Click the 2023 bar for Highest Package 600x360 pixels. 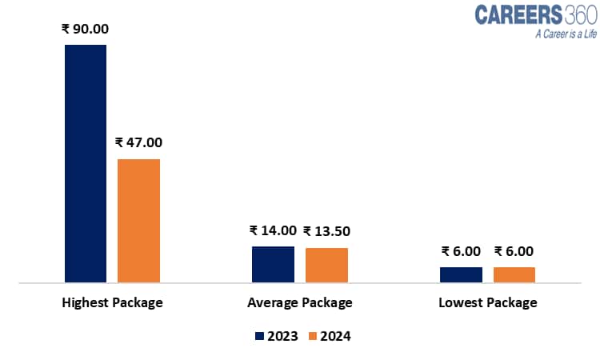[86, 163]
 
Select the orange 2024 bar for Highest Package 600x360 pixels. [138, 221]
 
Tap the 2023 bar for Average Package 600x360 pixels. [273, 264]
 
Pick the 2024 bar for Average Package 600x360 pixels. [326, 265]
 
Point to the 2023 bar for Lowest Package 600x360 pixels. [461, 274]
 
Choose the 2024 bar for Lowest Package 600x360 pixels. [514, 274]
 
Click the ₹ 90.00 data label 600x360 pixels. [85, 29]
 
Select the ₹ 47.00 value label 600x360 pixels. [138, 142]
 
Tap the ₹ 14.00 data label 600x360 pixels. [273, 230]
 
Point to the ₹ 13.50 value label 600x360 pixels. [326, 230]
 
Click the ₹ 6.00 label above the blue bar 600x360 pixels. [461, 251]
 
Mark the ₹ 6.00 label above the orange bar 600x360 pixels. [514, 251]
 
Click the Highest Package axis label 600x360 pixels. [112, 303]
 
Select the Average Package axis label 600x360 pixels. [300, 303]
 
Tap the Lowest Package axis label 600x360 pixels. [488, 303]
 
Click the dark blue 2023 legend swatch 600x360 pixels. [258, 336]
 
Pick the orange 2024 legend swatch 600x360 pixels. [312, 336]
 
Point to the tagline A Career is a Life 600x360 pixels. [544, 34]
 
